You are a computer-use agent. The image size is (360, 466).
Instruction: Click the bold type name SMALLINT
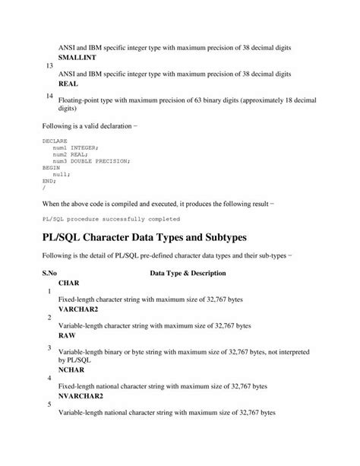79,58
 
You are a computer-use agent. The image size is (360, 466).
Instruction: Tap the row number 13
50,66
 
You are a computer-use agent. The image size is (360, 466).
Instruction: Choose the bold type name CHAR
69,282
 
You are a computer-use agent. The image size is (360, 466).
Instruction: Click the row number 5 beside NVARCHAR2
49,404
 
